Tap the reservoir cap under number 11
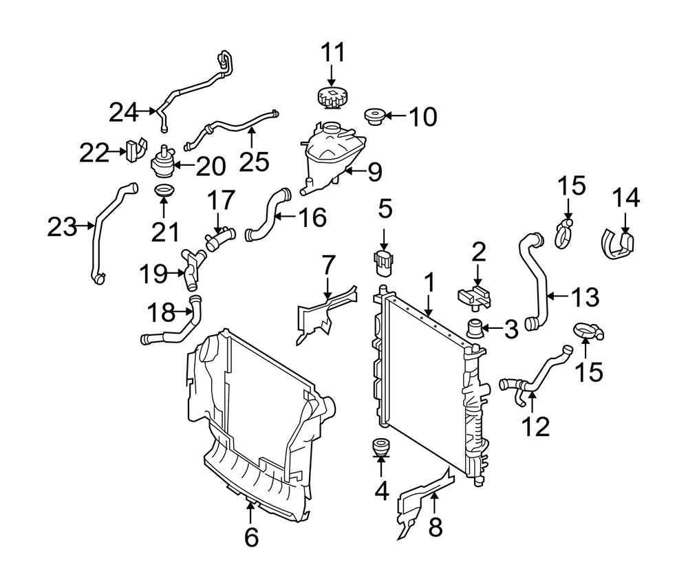point(331,98)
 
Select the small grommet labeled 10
point(376,116)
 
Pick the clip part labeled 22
point(135,152)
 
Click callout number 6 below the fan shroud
point(251,537)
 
